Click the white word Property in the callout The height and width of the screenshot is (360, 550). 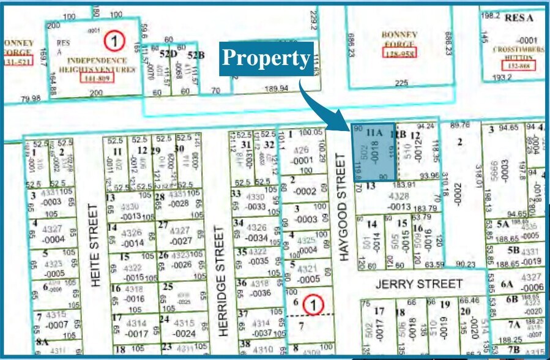click(x=266, y=58)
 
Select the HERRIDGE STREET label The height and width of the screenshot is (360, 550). click(x=221, y=280)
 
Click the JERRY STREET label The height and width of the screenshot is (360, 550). click(x=419, y=284)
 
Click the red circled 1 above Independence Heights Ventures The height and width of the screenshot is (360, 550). click(x=113, y=42)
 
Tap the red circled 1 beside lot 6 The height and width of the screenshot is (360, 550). click(x=313, y=304)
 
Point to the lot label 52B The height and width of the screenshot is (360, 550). click(x=195, y=55)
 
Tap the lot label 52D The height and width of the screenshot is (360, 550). click(x=160, y=55)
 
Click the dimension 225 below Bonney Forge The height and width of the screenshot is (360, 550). click(x=401, y=83)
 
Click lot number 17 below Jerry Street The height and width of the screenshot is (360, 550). click(x=379, y=311)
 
